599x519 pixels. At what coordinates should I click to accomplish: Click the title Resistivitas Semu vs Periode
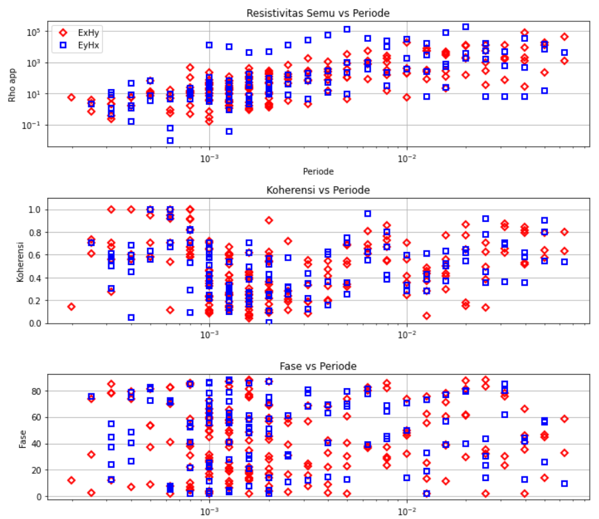pos(318,13)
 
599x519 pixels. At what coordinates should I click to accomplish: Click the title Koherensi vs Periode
pos(318,190)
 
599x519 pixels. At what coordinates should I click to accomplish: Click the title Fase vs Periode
pos(318,367)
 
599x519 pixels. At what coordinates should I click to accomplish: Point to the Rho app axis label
pos(11,84)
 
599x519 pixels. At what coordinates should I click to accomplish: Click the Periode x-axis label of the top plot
pos(318,171)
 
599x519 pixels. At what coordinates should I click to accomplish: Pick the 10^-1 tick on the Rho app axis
pos(33,125)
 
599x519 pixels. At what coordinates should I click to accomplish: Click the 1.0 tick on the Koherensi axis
pos(35,209)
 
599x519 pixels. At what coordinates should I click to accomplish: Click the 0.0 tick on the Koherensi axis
pos(35,324)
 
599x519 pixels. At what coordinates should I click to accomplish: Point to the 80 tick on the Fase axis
pos(37,391)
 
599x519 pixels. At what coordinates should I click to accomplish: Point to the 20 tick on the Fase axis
pos(37,470)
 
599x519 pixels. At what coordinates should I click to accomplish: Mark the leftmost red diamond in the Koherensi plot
pos(71,306)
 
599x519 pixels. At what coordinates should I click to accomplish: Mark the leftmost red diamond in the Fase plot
pos(71,480)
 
